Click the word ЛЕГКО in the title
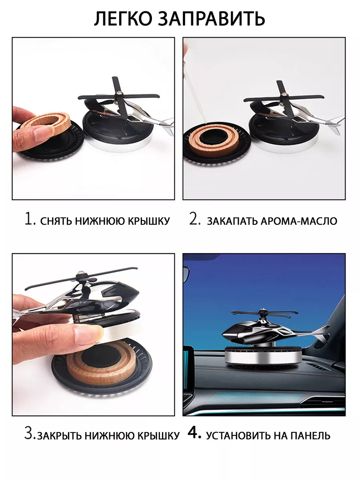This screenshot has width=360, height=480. (123, 18)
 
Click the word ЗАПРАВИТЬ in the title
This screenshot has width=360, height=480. (212, 18)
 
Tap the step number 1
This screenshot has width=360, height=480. (30, 219)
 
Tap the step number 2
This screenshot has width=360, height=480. (194, 219)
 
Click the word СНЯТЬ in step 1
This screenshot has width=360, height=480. (56, 221)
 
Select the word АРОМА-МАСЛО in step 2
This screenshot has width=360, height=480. (299, 221)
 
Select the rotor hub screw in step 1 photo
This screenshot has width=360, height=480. (120, 93)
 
